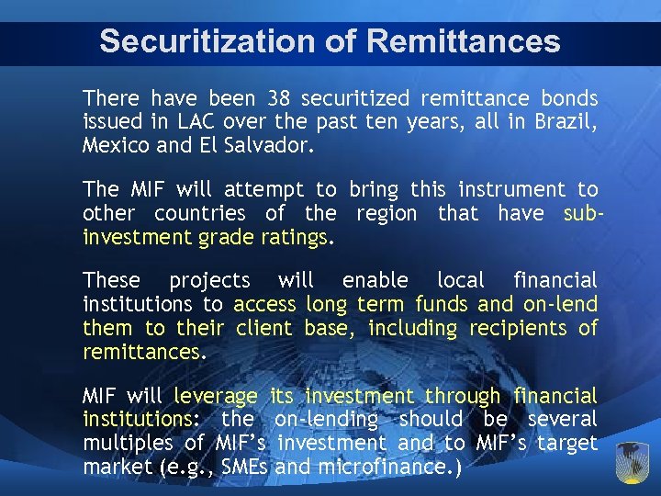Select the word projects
tap(209, 280)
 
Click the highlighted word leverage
tap(216, 397)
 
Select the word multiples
tap(129, 444)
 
